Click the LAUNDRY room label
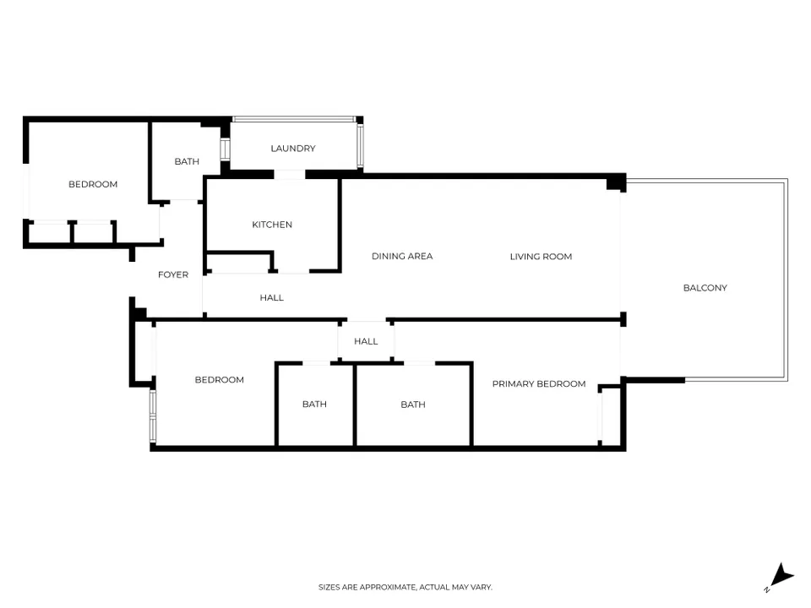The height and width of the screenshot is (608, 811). click(x=293, y=149)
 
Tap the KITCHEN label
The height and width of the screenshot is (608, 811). click(x=272, y=225)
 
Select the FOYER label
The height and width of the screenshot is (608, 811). click(x=173, y=274)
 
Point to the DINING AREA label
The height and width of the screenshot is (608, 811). click(x=402, y=256)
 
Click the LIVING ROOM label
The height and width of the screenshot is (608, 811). click(x=541, y=257)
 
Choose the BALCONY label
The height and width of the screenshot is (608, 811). click(x=705, y=288)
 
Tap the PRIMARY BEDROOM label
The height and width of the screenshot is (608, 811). click(x=539, y=383)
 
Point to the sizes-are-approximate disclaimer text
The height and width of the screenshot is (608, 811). click(x=405, y=587)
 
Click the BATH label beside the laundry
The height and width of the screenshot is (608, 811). click(x=187, y=161)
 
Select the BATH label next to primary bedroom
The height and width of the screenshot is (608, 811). click(x=413, y=404)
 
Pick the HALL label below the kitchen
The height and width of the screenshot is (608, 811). click(x=271, y=297)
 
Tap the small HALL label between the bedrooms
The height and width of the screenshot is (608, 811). click(x=366, y=341)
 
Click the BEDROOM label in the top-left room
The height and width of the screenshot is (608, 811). click(x=93, y=184)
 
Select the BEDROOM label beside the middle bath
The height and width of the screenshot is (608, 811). click(x=220, y=379)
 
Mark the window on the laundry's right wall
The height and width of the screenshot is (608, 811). click(x=360, y=146)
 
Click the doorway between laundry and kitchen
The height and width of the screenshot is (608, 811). click(x=290, y=175)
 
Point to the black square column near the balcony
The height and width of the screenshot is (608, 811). click(x=616, y=182)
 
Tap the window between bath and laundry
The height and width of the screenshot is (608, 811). click(x=225, y=149)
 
